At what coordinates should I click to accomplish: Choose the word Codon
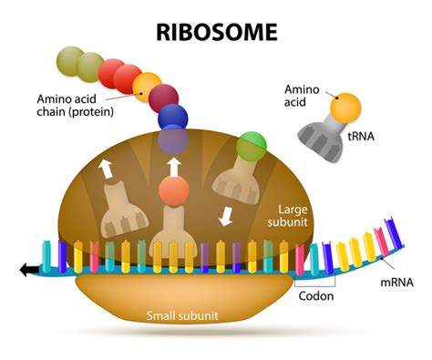coord(316,294)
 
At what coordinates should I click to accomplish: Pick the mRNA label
coord(394,282)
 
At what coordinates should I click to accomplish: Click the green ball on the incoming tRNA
coord(251,145)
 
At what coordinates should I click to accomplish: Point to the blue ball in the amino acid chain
coord(173,118)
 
